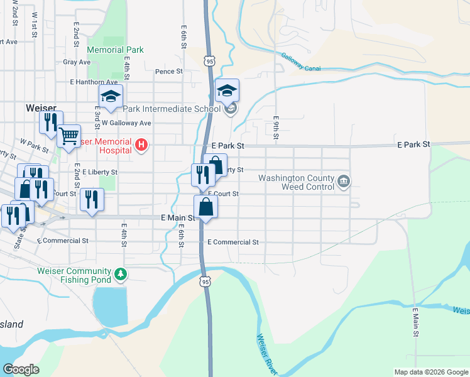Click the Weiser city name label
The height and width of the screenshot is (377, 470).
coord(42,108)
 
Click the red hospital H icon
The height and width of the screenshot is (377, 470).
coord(141,146)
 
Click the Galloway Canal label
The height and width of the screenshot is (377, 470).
coord(302,61)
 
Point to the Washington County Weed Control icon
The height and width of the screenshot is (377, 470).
coord(343,182)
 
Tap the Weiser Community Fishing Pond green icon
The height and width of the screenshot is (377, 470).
coord(120,275)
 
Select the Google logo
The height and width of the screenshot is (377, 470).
coord(21,369)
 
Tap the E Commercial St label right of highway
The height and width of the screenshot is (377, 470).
coord(233,242)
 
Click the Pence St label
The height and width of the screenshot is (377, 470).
coord(168,72)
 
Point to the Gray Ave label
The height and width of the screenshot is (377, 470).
coord(77,62)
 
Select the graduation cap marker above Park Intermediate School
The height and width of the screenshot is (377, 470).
coord(227,90)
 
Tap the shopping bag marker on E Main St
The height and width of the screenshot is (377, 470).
coord(206,206)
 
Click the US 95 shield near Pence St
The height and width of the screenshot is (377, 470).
coord(209,60)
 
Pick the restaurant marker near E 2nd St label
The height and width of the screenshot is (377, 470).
coord(92,200)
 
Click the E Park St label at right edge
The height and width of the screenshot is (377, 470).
coord(413,145)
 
